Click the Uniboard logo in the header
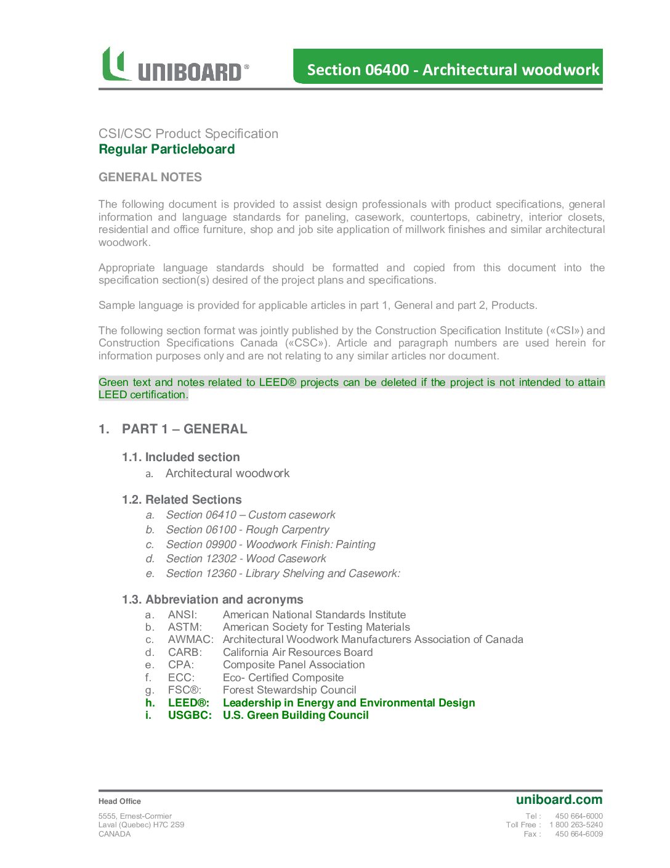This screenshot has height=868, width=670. (x=175, y=65)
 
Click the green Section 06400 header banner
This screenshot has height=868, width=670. (x=448, y=67)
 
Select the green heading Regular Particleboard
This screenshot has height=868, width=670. (x=166, y=149)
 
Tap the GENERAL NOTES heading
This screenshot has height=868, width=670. (x=150, y=177)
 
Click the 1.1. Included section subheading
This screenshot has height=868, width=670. (x=180, y=457)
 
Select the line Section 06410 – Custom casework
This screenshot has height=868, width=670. (x=251, y=515)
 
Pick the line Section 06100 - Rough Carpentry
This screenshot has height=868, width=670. (x=248, y=530)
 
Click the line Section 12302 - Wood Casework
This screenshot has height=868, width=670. (x=246, y=559)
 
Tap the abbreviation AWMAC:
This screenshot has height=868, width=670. (x=190, y=639)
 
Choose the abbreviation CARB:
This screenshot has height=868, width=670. (x=185, y=652)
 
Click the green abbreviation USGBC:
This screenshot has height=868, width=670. (x=190, y=715)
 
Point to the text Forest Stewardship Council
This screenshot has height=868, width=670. (x=289, y=690)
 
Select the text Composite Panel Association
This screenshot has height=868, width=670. (x=294, y=665)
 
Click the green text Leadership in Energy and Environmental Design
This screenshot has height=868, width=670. (x=349, y=703)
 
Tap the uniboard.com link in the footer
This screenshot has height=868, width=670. (x=559, y=800)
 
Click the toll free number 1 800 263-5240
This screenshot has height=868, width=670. (x=576, y=825)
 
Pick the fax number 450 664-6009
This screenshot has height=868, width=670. (x=579, y=834)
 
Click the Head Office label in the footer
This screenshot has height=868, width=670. (x=119, y=801)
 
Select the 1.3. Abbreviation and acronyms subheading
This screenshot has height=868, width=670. (x=212, y=599)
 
